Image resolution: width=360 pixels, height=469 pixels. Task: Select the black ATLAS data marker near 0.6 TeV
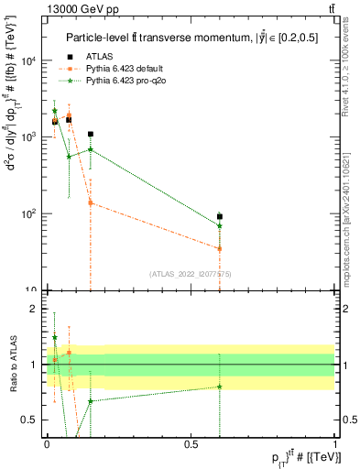(x=220, y=217)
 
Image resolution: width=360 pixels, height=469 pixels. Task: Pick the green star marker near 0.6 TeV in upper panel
(x=220, y=225)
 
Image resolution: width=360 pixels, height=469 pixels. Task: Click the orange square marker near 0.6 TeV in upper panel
(x=220, y=248)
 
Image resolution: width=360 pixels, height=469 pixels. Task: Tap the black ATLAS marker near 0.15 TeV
(x=90, y=134)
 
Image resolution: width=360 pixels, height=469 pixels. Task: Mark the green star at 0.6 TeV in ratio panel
(x=220, y=387)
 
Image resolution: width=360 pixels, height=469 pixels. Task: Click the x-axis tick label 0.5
(x=191, y=442)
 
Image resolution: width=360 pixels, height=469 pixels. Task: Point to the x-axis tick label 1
(x=335, y=442)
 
